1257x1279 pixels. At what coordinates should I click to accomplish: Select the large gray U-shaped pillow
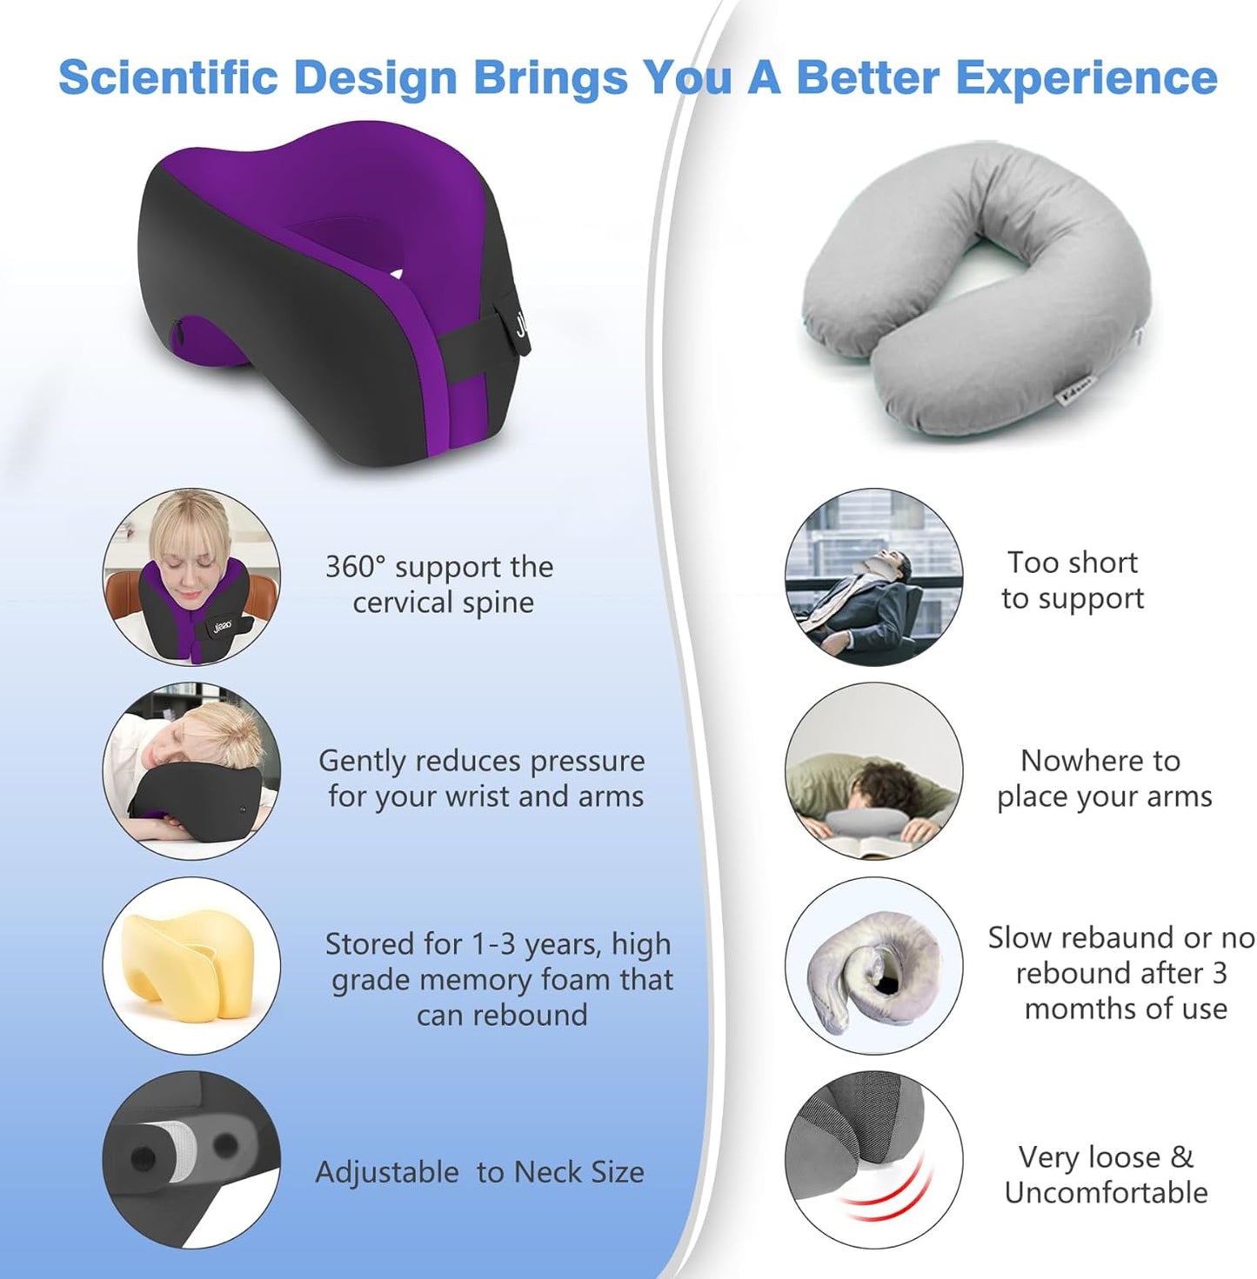point(974,287)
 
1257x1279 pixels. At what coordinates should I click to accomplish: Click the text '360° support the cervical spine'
point(440,584)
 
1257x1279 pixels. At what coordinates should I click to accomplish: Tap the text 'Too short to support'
point(1072,580)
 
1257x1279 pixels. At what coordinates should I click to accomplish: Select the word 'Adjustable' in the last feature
point(386,1172)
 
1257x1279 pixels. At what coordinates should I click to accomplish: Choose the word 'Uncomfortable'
point(1106,1192)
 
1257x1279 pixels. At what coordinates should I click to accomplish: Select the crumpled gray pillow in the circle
point(870,965)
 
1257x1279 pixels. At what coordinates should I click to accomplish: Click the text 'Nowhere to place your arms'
point(1103,778)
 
